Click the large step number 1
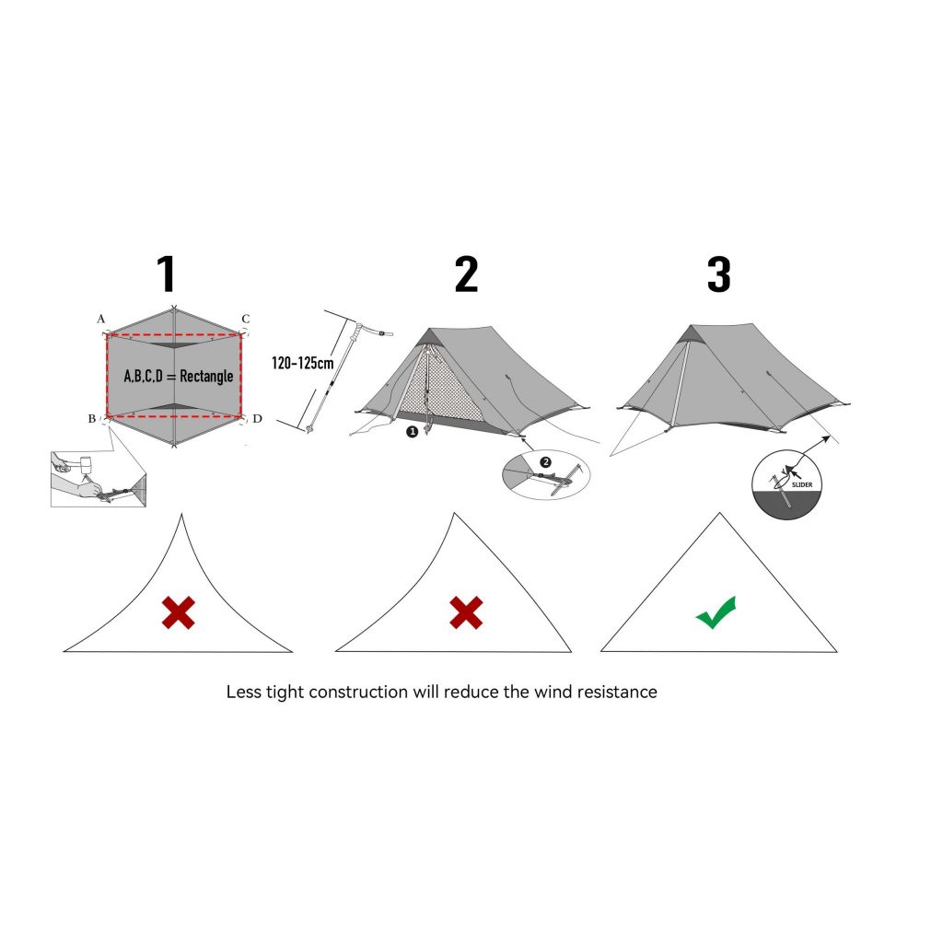[167, 274]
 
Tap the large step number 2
[467, 274]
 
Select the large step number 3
[719, 274]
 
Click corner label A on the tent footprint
[101, 319]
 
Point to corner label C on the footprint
[245, 319]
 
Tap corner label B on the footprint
[92, 419]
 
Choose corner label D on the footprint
[258, 419]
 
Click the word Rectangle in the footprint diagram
[206, 377]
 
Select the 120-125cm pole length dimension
[302, 363]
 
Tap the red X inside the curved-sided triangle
[179, 612]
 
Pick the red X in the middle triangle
[466, 612]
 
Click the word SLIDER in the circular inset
[802, 484]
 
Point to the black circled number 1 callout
[412, 432]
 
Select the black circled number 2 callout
[545, 462]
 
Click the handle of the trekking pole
[361, 331]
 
